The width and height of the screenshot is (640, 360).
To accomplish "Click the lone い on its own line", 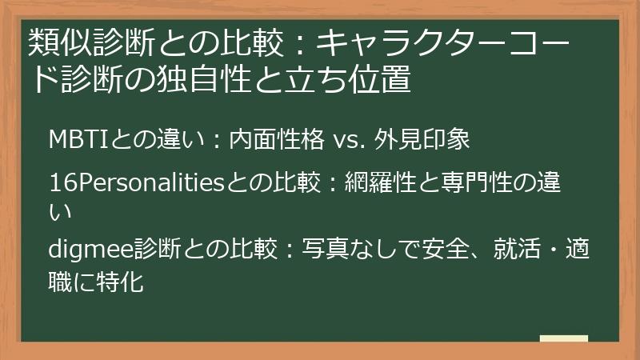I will tap(60, 212).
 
